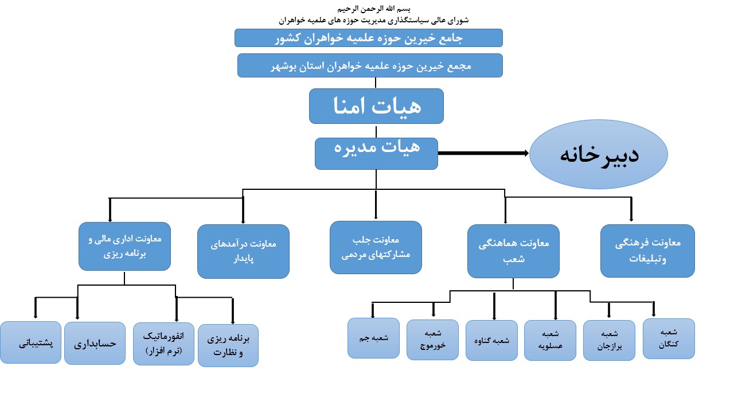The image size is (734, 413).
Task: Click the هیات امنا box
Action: click(376, 106)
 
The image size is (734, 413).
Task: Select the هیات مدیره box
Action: click(376, 153)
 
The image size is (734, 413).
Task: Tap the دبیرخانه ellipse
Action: click(598, 154)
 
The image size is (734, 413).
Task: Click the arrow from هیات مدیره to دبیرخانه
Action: click(483, 153)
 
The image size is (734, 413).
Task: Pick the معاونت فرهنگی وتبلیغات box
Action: click(647, 251)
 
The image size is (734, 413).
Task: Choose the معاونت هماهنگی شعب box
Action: click(513, 251)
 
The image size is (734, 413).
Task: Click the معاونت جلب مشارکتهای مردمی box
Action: click(376, 247)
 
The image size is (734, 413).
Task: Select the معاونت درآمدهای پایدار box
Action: click(243, 251)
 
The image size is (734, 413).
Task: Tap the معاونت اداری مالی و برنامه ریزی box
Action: click(124, 247)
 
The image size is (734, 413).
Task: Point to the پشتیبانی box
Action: click(30, 342)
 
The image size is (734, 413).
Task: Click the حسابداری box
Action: click(95, 343)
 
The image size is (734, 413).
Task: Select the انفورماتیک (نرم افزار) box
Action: click(163, 344)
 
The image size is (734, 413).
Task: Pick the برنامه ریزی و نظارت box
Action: click(228, 345)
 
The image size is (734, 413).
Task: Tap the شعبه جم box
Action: click(373, 338)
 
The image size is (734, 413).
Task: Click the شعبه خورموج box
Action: click(432, 340)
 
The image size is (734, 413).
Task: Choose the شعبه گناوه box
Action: click(491, 341)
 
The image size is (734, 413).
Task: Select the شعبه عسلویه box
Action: click(550, 341)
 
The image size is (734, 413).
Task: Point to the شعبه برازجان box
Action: click(609, 341)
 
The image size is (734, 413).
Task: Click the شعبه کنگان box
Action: click(669, 338)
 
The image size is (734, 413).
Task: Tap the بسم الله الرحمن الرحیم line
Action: click(373, 8)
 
